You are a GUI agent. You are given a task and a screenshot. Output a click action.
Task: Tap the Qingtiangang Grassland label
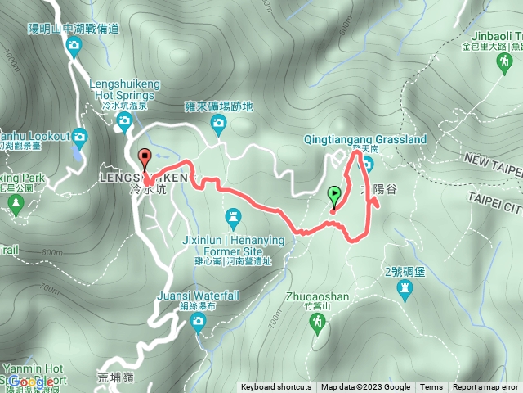(x=364, y=140)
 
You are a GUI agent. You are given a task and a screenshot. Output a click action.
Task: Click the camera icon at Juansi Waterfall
(x=198, y=322)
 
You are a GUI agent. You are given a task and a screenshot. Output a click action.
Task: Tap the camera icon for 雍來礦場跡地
(x=218, y=123)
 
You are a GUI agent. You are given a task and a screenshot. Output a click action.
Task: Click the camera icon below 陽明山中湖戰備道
(x=73, y=47)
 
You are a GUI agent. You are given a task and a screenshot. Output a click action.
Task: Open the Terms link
(x=431, y=387)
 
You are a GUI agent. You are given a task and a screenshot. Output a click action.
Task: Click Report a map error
(x=486, y=387)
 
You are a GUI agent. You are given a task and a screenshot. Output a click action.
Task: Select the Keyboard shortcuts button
(x=275, y=387)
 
